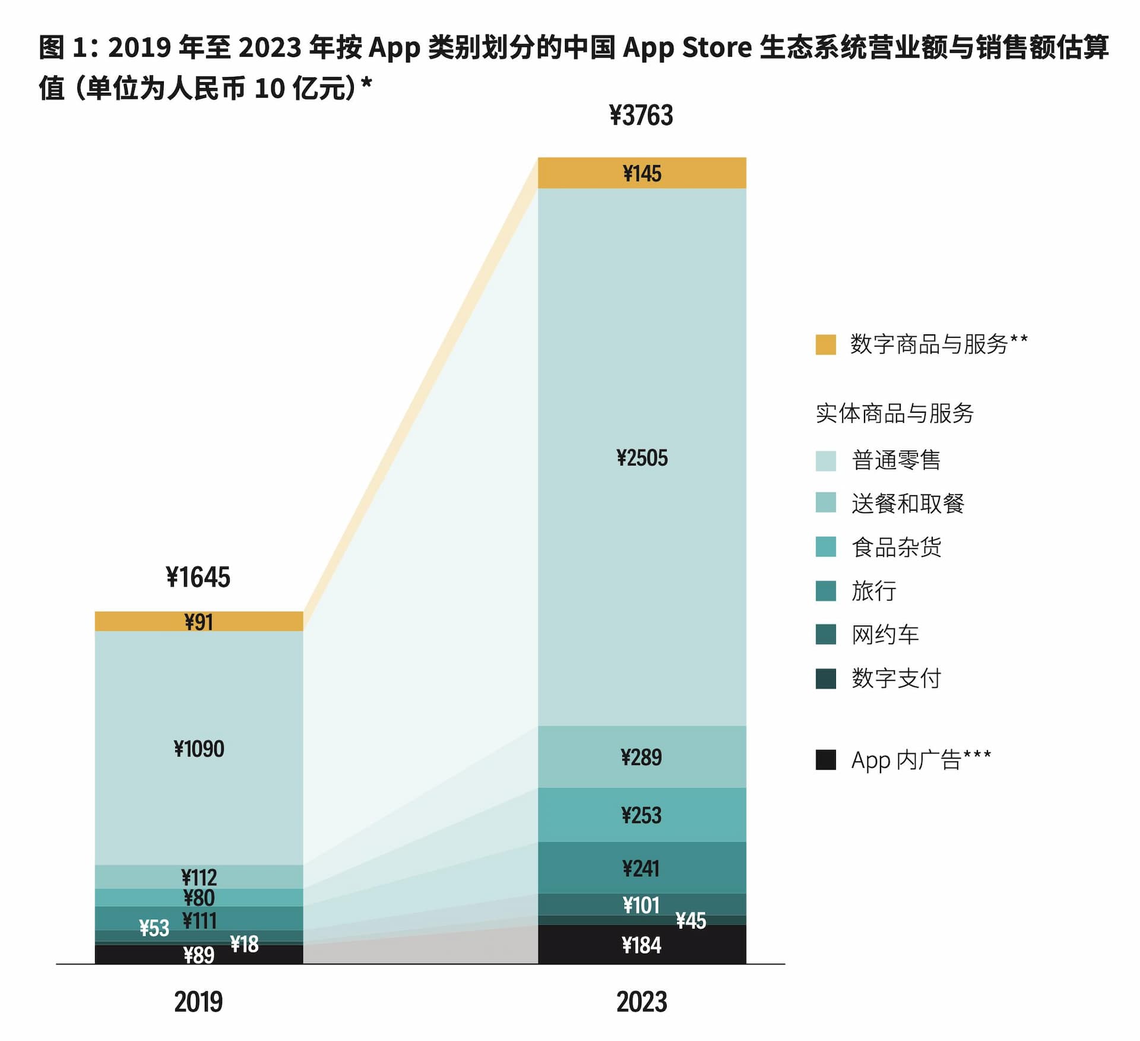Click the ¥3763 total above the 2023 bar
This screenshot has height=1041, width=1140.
point(641,115)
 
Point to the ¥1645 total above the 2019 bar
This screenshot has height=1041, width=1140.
point(198,577)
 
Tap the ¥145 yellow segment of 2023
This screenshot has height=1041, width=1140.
point(642,173)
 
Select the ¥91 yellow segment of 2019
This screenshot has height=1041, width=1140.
point(199,622)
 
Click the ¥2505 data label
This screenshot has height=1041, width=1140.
point(642,458)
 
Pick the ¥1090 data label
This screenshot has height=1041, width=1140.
point(199,749)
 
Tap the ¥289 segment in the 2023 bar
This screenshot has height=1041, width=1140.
point(642,757)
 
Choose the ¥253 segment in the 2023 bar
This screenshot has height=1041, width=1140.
point(642,815)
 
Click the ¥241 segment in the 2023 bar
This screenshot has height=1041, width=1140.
point(642,868)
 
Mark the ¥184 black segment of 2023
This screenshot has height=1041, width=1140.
point(642,945)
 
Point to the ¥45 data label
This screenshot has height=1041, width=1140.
point(691,920)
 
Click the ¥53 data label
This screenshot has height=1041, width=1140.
point(154,928)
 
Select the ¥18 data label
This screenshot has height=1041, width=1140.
point(244,944)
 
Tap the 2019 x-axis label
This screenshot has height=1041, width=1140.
point(198,1002)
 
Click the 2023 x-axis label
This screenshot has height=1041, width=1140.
point(642,1002)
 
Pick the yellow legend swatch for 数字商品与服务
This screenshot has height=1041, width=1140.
point(825,344)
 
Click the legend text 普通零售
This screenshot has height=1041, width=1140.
point(896,460)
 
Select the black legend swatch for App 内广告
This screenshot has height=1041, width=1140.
point(825,760)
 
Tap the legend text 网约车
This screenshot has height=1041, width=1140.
point(885,635)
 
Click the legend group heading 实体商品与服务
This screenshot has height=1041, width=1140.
point(895,413)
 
